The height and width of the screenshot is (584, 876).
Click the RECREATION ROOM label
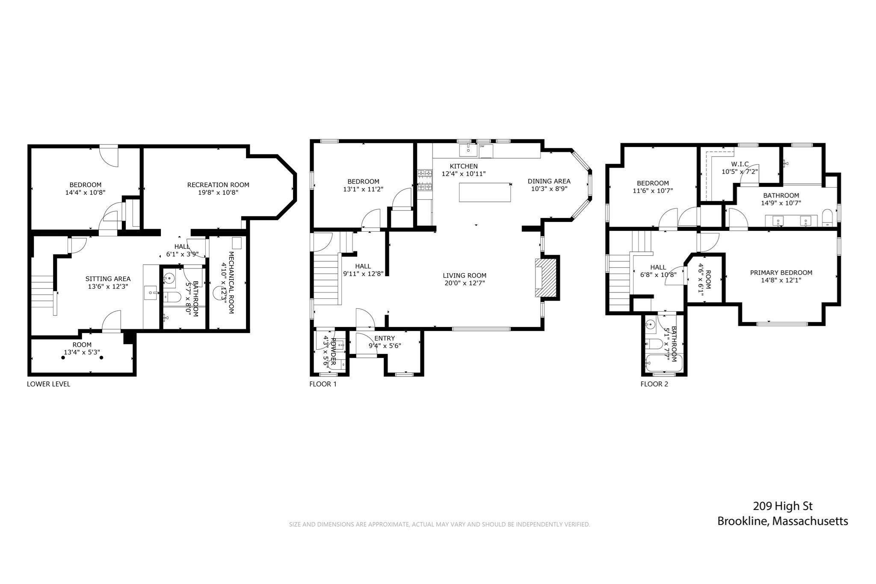[x=218, y=185]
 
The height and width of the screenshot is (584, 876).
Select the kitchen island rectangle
[x=485, y=192]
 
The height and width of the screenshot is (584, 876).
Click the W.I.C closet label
[x=740, y=164]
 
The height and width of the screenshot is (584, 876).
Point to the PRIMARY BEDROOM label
[x=781, y=273]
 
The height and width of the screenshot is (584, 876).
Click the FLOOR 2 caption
[x=654, y=384]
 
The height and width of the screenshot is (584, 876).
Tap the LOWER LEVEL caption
[x=48, y=384]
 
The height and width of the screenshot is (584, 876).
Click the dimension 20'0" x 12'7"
[x=465, y=283]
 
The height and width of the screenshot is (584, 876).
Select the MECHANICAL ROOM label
[x=231, y=282]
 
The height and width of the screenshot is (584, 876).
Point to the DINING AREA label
[x=549, y=181]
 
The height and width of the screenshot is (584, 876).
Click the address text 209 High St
[x=782, y=506]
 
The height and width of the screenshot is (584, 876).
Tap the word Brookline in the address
[x=743, y=521]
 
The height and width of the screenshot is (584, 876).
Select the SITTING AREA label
[x=108, y=279]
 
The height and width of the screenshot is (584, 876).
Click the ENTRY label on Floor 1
[x=385, y=338]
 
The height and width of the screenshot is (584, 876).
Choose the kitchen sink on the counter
[x=468, y=150]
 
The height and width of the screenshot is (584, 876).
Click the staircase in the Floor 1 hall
[x=327, y=278]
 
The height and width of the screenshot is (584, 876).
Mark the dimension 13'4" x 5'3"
[x=82, y=353]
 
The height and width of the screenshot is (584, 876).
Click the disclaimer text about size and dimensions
[x=439, y=524]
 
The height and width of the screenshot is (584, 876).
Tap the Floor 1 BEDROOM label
[x=363, y=181]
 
